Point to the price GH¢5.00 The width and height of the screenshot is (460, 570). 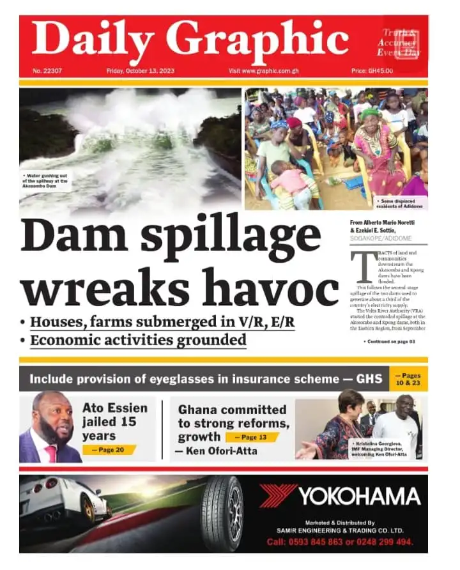(x=372, y=71)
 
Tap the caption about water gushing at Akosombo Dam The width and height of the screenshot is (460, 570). (x=46, y=181)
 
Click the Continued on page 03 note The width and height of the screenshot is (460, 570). (x=390, y=342)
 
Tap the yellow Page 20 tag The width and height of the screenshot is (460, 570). (x=109, y=450)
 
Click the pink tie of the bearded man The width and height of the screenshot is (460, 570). (x=50, y=453)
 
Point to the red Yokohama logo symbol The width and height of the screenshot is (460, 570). (x=278, y=495)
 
